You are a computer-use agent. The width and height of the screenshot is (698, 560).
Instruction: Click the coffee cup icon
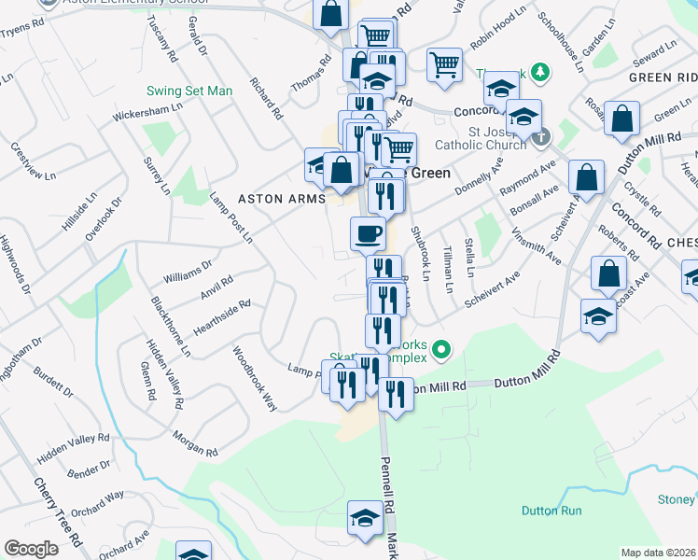click(368, 232)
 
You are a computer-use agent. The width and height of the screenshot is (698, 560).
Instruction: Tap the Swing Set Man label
click(188, 91)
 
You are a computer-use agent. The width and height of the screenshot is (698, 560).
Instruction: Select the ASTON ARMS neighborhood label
click(281, 199)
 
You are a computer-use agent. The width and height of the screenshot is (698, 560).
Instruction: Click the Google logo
click(31, 549)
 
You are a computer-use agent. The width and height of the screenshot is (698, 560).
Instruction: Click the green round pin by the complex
click(444, 351)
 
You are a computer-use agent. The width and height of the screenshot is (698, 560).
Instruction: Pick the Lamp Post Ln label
click(230, 217)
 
